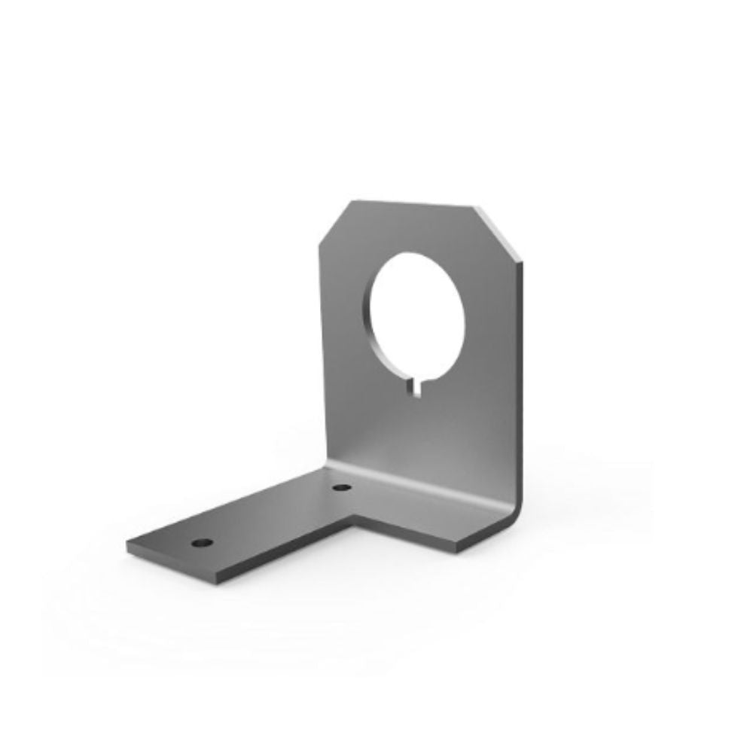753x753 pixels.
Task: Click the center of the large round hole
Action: pyautogui.click(x=417, y=312)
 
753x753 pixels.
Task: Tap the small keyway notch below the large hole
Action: pyautogui.click(x=416, y=386)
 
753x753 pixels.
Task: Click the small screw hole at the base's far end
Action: pyautogui.click(x=203, y=542)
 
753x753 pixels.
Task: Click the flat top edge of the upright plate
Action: pyautogui.click(x=414, y=203)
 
